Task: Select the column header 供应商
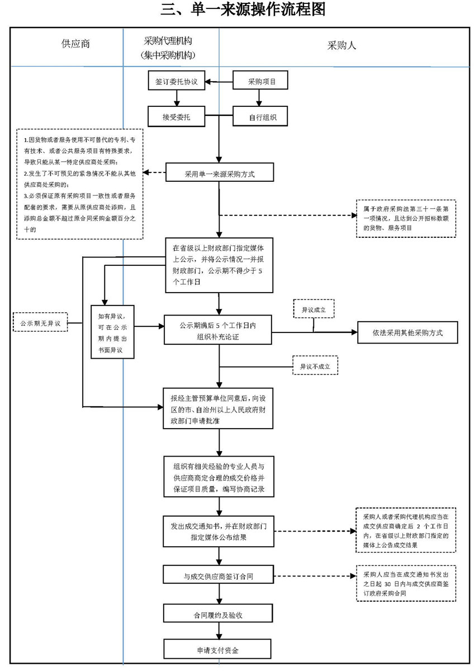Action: (75, 44)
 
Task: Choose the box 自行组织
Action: (259, 118)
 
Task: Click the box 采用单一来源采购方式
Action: (219, 173)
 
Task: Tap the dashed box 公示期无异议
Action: (40, 323)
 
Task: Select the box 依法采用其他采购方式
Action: (407, 332)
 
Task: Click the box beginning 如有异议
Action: (113, 331)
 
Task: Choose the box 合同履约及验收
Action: (218, 614)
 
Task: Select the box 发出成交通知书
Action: (218, 531)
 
